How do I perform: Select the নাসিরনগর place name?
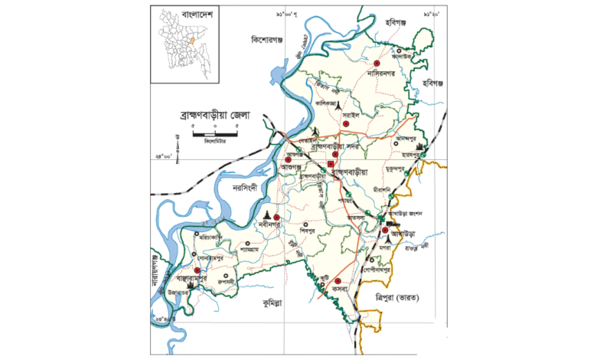coord(384,74)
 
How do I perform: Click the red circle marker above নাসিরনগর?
coord(377,64)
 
